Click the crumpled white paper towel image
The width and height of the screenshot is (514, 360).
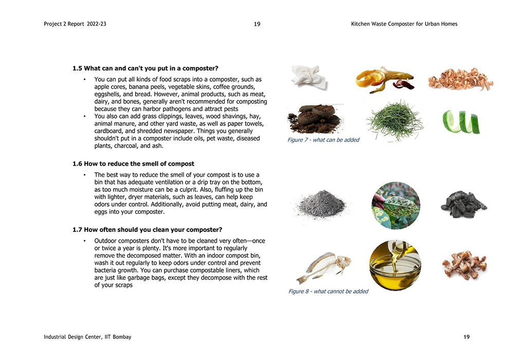point(308,77)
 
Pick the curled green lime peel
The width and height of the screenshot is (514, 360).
point(461,121)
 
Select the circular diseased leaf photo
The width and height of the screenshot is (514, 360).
point(396,206)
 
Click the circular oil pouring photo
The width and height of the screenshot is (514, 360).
point(395,265)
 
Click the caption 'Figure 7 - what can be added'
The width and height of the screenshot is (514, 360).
point(323,140)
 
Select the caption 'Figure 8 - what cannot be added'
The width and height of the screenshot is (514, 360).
point(328,291)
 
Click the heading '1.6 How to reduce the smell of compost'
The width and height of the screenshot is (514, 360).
point(133,164)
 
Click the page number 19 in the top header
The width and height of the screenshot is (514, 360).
point(257,24)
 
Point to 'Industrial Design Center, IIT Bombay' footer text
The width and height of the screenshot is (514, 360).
point(87,337)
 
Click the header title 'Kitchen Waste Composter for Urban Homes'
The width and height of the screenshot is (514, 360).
point(404,24)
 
